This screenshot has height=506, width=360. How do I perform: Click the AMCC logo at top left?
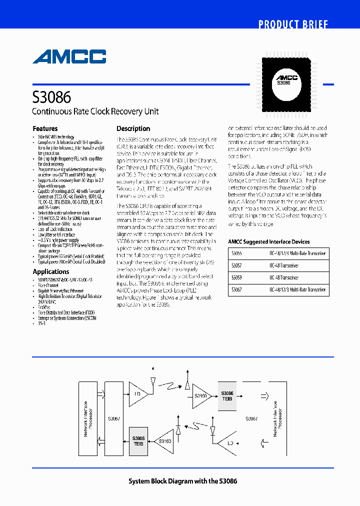coord(69,56)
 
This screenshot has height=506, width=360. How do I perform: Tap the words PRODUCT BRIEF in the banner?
coord(293,24)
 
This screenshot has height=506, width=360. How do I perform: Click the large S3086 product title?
coord(51,96)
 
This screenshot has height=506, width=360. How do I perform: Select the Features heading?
coord(45,128)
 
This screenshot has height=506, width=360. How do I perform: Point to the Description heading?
coord(133,128)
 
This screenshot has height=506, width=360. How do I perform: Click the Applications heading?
coord(51,271)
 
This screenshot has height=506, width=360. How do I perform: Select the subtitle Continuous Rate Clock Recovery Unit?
coord(95,111)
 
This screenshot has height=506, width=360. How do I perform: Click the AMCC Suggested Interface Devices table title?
coord(269,241)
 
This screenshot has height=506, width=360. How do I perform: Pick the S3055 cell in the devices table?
coord(237,253)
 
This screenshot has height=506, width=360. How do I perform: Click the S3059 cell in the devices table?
coord(237,277)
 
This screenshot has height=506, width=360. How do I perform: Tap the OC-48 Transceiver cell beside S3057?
coord(284,265)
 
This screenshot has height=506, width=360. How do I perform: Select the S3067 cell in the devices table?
coord(237,289)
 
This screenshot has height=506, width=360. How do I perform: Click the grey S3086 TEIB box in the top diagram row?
coord(227,396)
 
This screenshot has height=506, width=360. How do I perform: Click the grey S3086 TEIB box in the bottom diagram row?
coord(138,440)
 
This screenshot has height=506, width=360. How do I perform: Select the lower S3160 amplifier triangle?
coord(164,441)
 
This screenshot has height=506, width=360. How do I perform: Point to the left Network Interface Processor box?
coord(87,418)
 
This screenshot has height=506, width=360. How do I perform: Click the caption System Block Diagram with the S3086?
coord(183,481)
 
